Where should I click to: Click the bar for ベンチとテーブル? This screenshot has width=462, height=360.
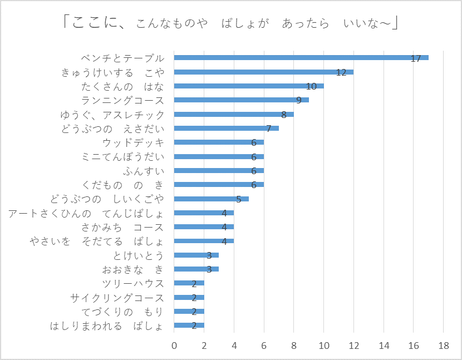301,57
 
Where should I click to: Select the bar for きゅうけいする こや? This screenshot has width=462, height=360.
263,72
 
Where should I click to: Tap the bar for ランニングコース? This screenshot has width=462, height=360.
241,100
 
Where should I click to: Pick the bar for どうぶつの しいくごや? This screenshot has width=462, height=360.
211,199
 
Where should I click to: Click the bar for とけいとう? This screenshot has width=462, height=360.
196,255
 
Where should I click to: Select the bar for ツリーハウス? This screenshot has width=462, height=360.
189,283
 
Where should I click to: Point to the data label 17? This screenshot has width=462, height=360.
415,58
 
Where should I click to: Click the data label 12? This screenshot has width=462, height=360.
341,72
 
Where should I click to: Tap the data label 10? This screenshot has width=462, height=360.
311,86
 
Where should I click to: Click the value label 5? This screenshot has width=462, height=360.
238,199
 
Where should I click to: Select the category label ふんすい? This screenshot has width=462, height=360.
144,171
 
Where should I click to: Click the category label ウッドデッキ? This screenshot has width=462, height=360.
137,142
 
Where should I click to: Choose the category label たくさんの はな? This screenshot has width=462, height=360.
122,86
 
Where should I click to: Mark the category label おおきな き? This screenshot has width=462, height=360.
133,269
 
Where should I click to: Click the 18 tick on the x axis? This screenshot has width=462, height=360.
444,345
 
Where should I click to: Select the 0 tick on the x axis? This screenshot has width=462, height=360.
174,345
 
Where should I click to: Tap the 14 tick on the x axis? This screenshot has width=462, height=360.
384,345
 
